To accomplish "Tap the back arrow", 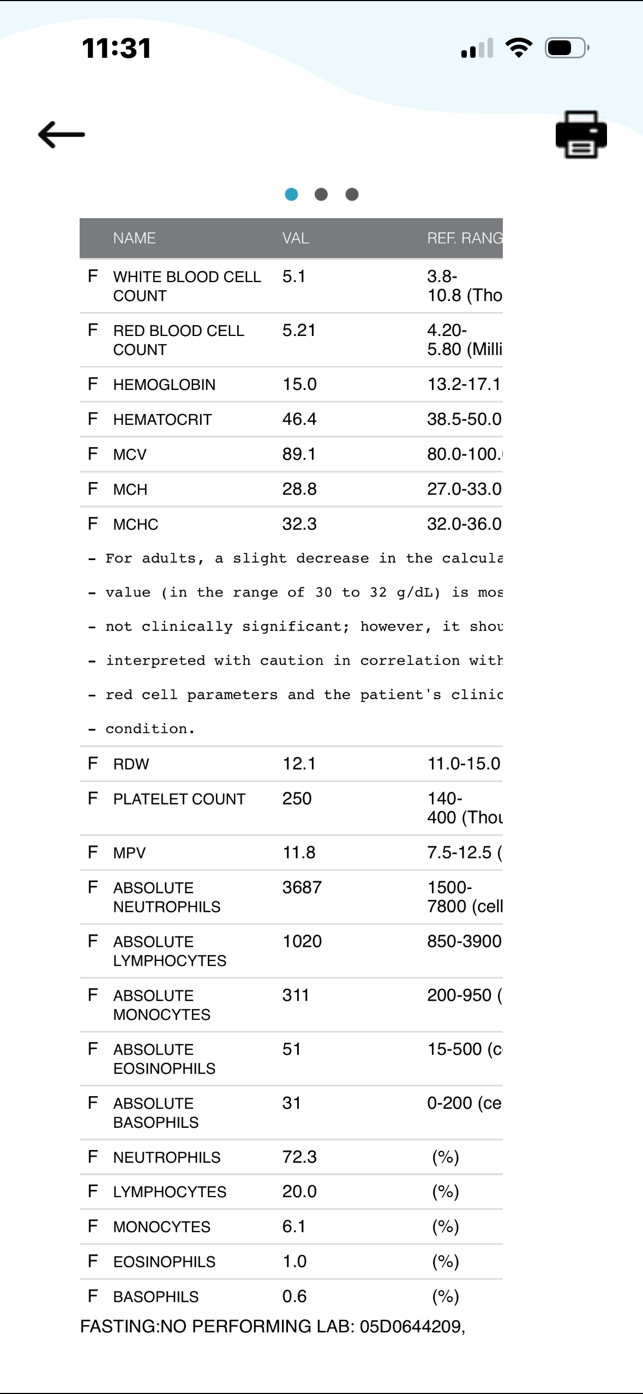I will [61, 134].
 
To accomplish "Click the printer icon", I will [581, 134].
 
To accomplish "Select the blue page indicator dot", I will [291, 194].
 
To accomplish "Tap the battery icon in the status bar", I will [567, 48].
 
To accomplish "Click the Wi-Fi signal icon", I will [519, 48].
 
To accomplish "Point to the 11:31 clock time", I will [116, 48].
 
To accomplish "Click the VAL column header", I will [296, 238].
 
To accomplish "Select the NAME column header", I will [134, 238].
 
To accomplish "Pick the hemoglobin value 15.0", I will [299, 384].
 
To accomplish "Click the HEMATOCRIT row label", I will [162, 419].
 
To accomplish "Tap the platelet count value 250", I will [297, 798].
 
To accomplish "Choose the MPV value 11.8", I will [299, 852].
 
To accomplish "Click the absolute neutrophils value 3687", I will [302, 887].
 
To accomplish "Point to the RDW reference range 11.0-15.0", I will [464, 764].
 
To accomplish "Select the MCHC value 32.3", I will [299, 524].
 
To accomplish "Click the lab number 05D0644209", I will [412, 1326].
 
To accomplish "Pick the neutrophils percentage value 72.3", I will [299, 1157].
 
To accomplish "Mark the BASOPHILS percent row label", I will [156, 1296].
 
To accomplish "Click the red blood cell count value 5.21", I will [299, 331].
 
